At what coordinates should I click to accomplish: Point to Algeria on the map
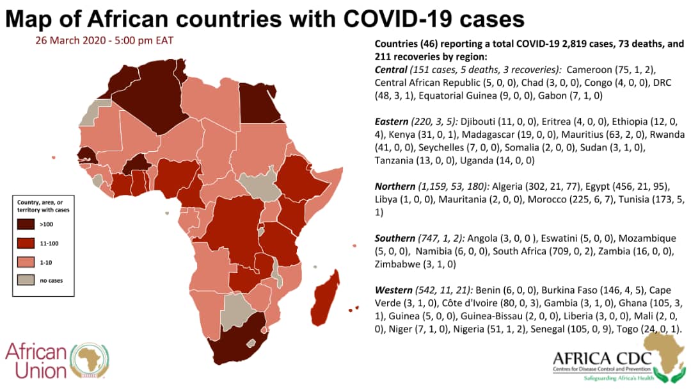point(150,90)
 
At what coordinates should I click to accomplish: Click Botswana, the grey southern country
point(239,311)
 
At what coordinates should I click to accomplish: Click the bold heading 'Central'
point(391,69)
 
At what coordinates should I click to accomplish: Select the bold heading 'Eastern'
point(392,121)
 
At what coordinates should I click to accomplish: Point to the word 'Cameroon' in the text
point(591,69)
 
